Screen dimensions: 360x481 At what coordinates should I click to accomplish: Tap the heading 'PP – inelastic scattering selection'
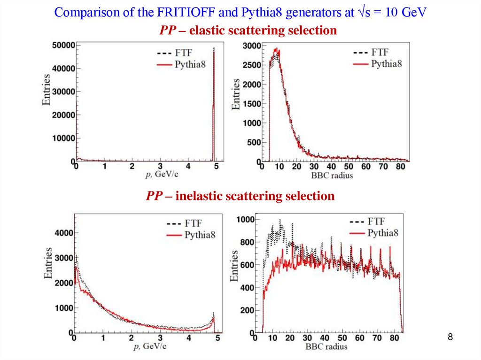(x=240, y=196)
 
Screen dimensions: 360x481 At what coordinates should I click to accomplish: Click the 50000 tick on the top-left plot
(x=63, y=45)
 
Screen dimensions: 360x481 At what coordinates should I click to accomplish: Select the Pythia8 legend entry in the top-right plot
(x=386, y=64)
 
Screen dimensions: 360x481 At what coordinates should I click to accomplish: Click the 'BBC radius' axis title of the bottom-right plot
(x=326, y=346)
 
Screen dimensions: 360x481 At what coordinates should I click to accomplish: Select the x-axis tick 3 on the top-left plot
(x=160, y=167)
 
